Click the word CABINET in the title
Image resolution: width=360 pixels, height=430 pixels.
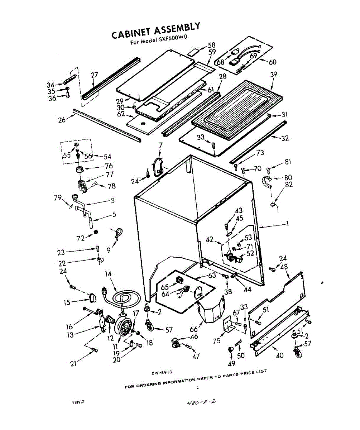tap(132, 33)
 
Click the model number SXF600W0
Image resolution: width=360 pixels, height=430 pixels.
tap(173, 39)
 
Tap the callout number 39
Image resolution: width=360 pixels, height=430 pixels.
tap(274, 74)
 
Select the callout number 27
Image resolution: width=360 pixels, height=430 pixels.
tap(95, 75)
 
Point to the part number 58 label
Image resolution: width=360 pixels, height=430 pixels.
tap(211, 45)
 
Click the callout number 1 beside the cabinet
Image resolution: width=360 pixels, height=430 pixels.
tap(287, 224)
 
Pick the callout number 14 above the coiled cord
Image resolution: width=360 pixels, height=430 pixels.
tap(108, 274)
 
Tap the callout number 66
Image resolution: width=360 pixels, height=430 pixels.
tap(193, 329)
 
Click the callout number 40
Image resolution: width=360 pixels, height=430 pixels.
tap(279, 355)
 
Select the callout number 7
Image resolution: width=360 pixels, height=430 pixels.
tap(160, 145)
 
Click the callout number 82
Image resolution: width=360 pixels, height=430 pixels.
tap(289, 184)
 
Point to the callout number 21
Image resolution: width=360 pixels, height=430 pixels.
tap(73, 363)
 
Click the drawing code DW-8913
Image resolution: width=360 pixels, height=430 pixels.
tap(162, 372)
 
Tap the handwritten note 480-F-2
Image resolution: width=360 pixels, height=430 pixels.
tap(201, 407)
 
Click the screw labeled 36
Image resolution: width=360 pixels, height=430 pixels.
tap(68, 95)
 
